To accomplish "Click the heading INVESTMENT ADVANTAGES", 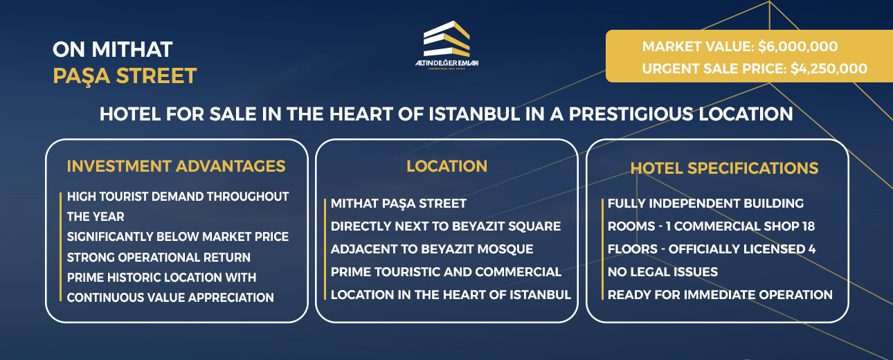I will (176, 166).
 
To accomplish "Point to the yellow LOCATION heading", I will (447, 166).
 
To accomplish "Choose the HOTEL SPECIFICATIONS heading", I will (724, 168).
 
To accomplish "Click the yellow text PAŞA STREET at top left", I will (125, 75).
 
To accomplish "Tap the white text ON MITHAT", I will (112, 49).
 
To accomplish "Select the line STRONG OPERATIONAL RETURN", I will (159, 258).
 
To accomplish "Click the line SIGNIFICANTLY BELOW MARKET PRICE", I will (177, 237).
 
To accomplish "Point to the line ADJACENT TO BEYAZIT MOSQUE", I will (432, 249).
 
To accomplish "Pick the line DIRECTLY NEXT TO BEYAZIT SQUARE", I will (445, 226).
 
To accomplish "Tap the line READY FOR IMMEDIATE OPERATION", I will (720, 295).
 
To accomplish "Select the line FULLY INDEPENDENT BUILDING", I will (705, 204).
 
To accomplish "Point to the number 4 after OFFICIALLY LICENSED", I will (811, 249).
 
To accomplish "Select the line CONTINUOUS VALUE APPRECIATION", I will (170, 298).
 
